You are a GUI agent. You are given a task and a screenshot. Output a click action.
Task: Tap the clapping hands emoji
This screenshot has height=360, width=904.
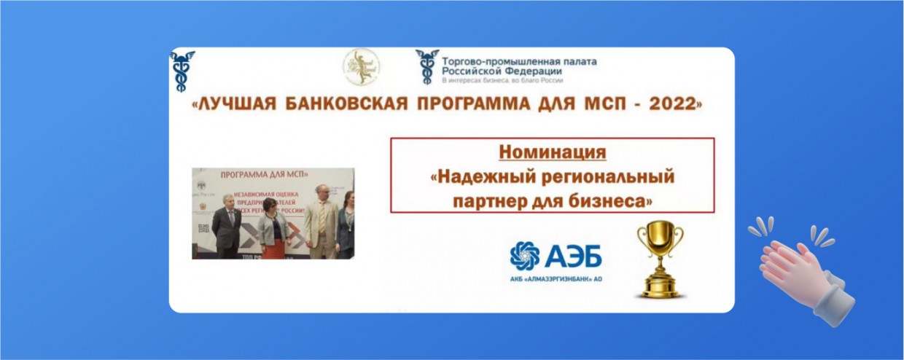click(x=802, y=268)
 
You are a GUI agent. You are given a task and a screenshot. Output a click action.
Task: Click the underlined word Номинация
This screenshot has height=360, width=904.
click(x=552, y=153)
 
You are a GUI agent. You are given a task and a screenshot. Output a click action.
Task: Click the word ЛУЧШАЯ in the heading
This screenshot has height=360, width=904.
click(x=235, y=104)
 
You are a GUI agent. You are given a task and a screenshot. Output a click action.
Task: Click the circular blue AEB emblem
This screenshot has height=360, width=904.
click(x=525, y=256)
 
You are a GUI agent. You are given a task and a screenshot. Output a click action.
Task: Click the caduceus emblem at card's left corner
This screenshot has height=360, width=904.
click(x=182, y=70)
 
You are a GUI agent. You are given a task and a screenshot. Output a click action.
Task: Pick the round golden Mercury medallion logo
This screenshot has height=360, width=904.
click(x=361, y=67)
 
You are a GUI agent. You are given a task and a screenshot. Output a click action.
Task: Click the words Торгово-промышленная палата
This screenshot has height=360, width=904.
click(x=519, y=61)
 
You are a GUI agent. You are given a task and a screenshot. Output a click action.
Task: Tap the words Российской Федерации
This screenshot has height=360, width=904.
click(x=502, y=71)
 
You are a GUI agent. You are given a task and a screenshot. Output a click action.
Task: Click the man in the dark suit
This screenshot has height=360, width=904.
click(x=227, y=226)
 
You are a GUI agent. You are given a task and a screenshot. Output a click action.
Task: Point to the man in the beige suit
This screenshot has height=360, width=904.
click(x=321, y=222)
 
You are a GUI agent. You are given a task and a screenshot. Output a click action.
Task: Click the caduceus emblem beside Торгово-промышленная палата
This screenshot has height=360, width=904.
click(x=427, y=66)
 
